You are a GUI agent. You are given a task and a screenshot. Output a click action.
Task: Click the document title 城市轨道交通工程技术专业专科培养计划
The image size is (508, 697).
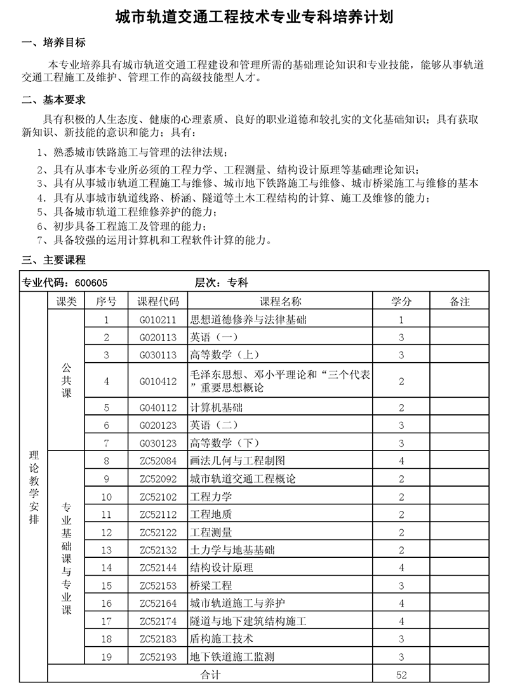(254, 17)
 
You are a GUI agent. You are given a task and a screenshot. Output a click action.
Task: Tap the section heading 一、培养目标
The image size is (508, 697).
(53, 43)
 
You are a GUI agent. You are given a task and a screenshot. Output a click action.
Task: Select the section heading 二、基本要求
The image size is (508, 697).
(53, 100)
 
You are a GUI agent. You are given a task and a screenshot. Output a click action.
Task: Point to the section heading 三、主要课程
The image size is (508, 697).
(53, 260)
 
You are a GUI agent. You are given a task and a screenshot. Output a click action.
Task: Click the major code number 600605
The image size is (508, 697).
(91, 283)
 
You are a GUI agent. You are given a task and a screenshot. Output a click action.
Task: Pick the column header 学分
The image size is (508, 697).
(401, 302)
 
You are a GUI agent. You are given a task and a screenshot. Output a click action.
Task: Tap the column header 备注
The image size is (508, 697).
(459, 302)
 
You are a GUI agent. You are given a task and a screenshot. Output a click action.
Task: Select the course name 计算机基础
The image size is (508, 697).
(216, 408)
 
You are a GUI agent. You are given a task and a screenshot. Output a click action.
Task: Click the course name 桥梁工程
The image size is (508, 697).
(211, 585)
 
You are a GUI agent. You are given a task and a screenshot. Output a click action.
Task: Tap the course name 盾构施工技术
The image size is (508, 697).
(221, 639)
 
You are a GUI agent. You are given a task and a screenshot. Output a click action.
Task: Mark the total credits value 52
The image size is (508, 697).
(401, 675)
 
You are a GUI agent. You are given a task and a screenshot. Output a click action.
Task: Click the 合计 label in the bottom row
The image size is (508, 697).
(210, 675)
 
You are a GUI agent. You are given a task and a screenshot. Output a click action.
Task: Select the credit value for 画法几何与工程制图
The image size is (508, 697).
(401, 461)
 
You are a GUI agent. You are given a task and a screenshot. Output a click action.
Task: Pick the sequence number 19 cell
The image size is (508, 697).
(106, 656)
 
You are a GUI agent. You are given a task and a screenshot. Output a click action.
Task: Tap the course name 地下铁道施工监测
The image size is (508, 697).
(232, 656)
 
